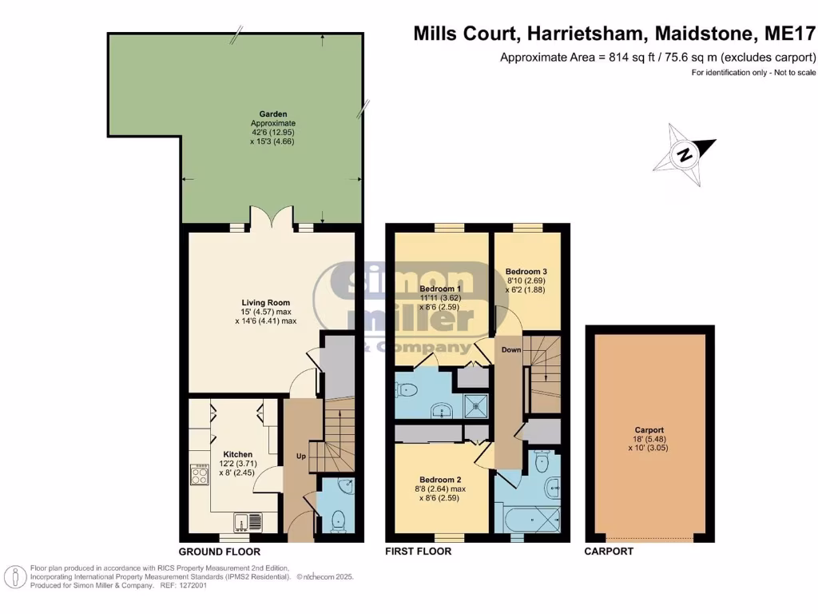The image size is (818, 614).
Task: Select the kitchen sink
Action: pos(247,522)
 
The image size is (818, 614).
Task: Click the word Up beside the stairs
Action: pos(301,456)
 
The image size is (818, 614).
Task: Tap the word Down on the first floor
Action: pos(510,350)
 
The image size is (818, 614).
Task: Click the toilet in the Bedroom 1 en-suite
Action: pos(407,390)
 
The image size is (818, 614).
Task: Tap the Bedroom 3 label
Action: pos(526,271)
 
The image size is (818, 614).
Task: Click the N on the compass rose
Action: pos(683,155)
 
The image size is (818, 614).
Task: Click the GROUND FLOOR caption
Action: pos(219,552)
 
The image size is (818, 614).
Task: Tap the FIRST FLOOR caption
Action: pos(419,552)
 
